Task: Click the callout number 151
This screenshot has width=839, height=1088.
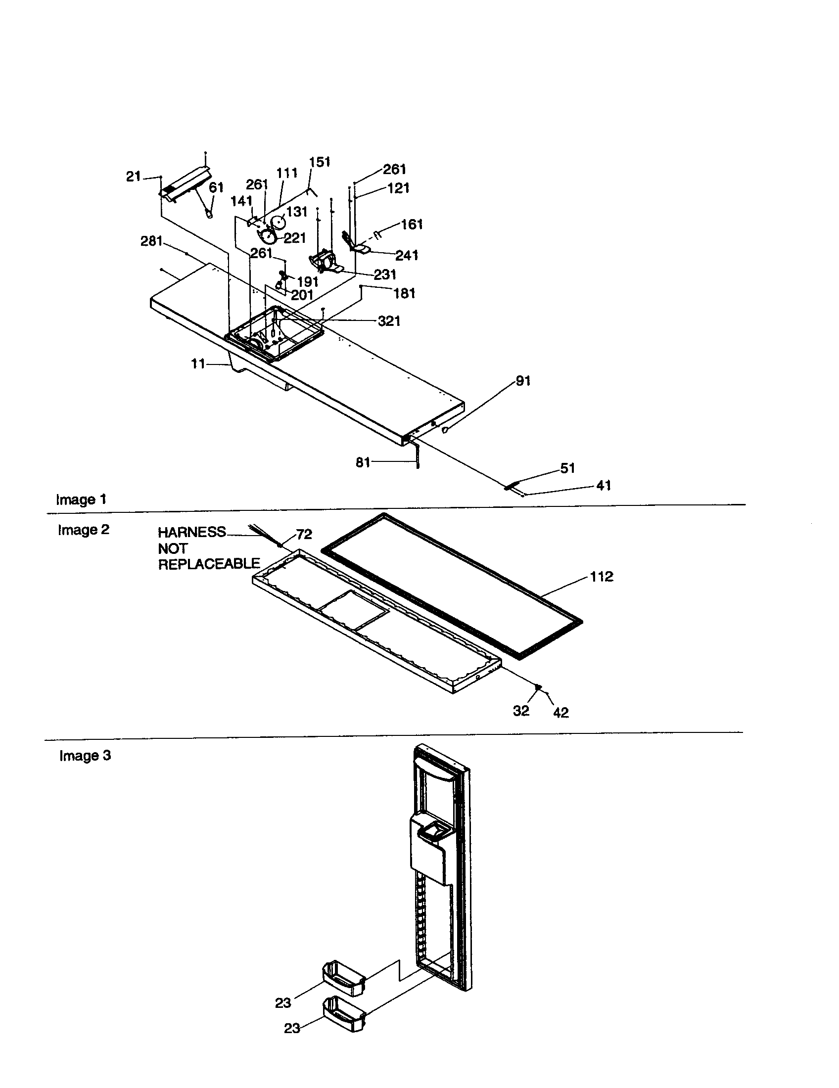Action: (320, 162)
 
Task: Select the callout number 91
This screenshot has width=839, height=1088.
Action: (522, 381)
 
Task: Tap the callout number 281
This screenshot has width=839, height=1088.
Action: (151, 241)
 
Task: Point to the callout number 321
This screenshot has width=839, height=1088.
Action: (389, 321)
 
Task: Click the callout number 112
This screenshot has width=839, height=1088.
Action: (602, 576)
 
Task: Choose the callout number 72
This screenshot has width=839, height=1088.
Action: (304, 534)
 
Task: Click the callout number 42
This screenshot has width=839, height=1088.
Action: (560, 713)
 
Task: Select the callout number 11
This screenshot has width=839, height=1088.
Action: (198, 364)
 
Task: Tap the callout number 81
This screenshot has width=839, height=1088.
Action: (363, 462)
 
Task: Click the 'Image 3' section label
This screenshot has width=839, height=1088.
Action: (85, 756)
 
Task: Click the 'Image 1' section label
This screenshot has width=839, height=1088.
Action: (81, 499)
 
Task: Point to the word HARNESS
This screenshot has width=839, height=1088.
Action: (192, 532)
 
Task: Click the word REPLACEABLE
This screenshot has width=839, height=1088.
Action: (209, 563)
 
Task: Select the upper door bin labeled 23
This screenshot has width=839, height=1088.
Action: (343, 979)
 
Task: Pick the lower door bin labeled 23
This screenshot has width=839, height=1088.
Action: (344, 1014)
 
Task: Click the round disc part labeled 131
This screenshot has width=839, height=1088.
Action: (278, 222)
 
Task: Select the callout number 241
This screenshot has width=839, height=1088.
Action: (407, 255)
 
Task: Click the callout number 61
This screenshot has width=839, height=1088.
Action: (216, 188)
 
